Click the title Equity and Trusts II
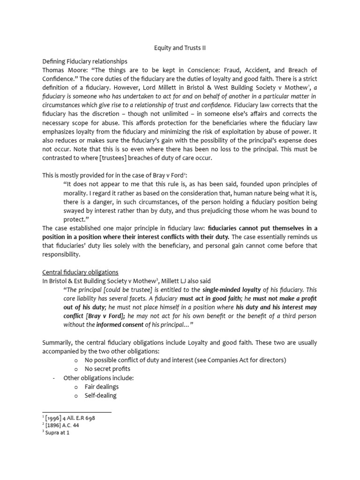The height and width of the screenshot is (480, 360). (180, 47)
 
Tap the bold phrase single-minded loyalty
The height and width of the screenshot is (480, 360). (232, 290)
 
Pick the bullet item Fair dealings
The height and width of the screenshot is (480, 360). (102, 387)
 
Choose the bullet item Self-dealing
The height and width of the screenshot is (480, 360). (100, 395)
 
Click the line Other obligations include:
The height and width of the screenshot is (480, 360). (94, 378)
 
